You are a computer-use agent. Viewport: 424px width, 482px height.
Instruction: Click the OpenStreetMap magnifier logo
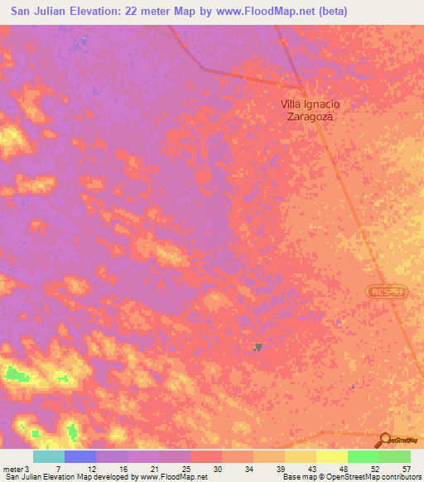coord(385,440)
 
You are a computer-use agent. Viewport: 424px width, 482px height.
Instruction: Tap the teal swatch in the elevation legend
coord(48,456)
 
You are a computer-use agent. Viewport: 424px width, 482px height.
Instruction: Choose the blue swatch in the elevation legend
coord(79,456)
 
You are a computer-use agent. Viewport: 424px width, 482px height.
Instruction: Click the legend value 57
coord(406,468)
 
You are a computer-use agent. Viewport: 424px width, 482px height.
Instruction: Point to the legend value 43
coord(312,468)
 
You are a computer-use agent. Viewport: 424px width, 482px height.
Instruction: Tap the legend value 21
coord(156,468)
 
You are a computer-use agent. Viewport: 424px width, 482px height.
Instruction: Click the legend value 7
coord(58,468)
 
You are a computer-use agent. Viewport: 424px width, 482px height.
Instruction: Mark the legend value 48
coord(344,468)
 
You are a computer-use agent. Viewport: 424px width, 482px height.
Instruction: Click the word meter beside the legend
coord(13,468)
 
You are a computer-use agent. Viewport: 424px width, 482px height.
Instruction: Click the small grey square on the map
coord(258,347)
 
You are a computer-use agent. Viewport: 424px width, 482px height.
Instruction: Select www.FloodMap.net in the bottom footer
coord(174,477)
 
